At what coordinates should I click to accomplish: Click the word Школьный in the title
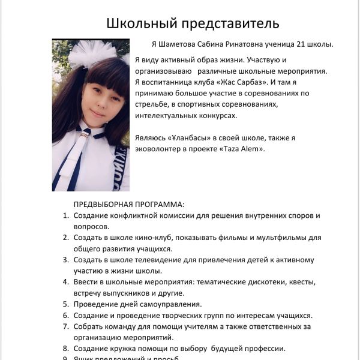point(137,23)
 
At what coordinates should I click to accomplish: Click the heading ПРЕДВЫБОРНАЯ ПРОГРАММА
point(128,205)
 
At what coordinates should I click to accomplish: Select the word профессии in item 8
point(262,349)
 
